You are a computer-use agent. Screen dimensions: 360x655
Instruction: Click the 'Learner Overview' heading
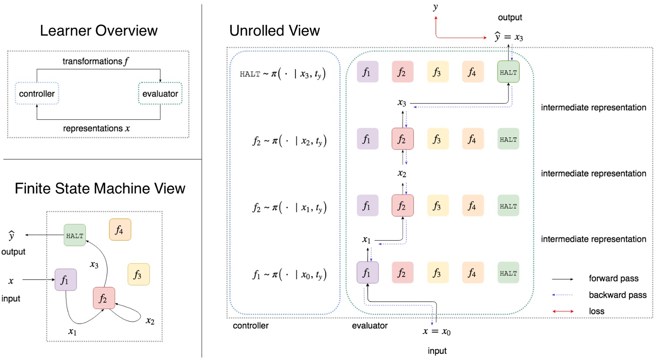point(99,31)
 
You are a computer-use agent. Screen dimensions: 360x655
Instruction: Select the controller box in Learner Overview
point(36,94)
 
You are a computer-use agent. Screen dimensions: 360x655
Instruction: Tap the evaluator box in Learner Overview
point(160,94)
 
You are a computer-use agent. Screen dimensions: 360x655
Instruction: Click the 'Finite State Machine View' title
point(100,188)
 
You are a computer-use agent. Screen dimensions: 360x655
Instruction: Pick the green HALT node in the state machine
point(75,234)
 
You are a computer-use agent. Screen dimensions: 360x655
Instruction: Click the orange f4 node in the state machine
point(120,230)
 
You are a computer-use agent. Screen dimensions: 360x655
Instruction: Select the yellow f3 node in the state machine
point(138,274)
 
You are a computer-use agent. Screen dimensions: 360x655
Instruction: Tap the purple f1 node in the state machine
point(66,279)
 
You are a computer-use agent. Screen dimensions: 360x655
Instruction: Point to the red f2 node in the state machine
point(104,298)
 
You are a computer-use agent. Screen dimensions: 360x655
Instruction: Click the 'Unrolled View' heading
point(274,31)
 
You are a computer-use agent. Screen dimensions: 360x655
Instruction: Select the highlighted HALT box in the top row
point(508,73)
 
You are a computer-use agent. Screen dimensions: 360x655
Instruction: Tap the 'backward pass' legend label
point(617,295)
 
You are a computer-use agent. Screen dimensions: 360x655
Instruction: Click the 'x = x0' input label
point(437,332)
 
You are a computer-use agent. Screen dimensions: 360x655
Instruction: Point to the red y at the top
point(436,8)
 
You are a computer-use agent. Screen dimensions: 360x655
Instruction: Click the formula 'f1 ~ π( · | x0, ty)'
point(289,274)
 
